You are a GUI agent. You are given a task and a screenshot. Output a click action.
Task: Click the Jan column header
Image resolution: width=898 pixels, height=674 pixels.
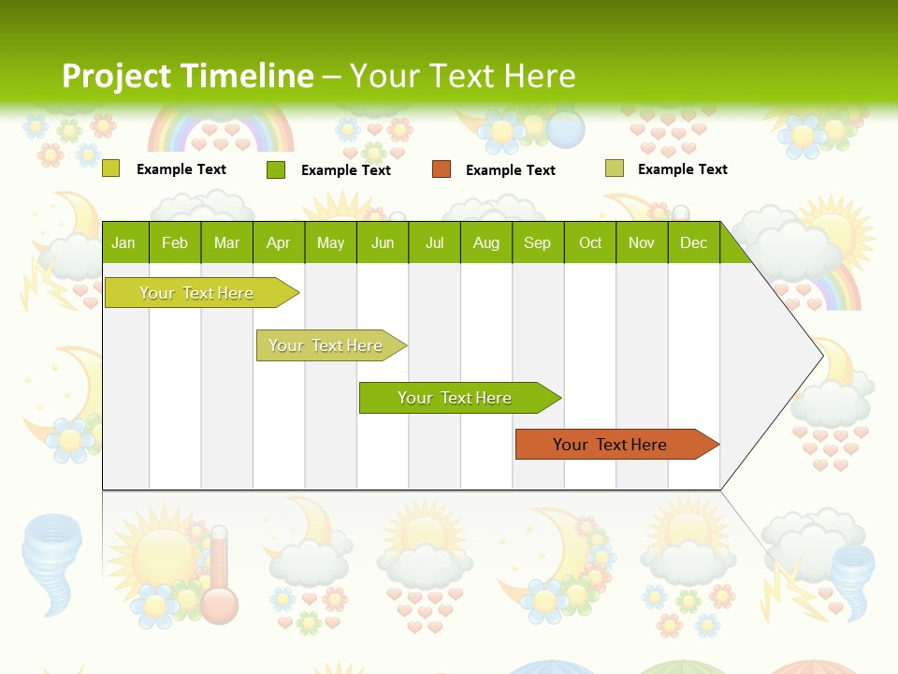[x=123, y=243]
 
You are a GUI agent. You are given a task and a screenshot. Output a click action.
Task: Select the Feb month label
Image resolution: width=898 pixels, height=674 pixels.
[x=175, y=243]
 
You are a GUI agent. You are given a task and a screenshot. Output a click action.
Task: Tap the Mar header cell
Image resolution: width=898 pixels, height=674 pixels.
[x=226, y=243]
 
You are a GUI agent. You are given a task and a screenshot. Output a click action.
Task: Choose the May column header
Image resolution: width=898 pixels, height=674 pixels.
[x=330, y=243]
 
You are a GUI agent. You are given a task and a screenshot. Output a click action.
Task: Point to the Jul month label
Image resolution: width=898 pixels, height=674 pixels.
[x=434, y=243]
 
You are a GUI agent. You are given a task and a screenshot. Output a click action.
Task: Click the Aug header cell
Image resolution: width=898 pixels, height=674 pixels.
[x=486, y=243]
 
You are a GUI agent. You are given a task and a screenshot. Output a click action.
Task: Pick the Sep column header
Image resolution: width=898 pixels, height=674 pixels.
[x=537, y=243]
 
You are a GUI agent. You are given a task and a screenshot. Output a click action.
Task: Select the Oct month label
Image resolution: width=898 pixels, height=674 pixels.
[x=590, y=243]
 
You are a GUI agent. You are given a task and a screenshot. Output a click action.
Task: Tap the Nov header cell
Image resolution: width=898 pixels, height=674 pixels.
[x=642, y=243]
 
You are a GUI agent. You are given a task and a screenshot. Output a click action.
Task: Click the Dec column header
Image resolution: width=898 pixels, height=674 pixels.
[x=693, y=243]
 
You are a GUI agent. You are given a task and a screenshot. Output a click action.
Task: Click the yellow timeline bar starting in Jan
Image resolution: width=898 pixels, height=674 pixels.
[x=196, y=293]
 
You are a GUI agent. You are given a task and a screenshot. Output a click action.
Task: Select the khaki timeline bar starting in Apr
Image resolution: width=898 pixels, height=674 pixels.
[x=326, y=345]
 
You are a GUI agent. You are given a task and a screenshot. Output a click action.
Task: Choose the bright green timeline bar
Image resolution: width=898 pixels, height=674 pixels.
[x=455, y=398]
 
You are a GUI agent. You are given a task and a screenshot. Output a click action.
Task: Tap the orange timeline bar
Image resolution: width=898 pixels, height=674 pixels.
[x=610, y=445]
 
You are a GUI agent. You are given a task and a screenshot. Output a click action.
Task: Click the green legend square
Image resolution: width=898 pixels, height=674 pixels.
[x=276, y=169]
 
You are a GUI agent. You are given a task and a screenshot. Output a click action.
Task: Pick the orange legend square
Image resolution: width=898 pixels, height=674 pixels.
[x=442, y=169]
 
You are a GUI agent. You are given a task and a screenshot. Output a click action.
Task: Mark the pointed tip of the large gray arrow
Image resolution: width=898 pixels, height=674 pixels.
[x=822, y=356]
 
